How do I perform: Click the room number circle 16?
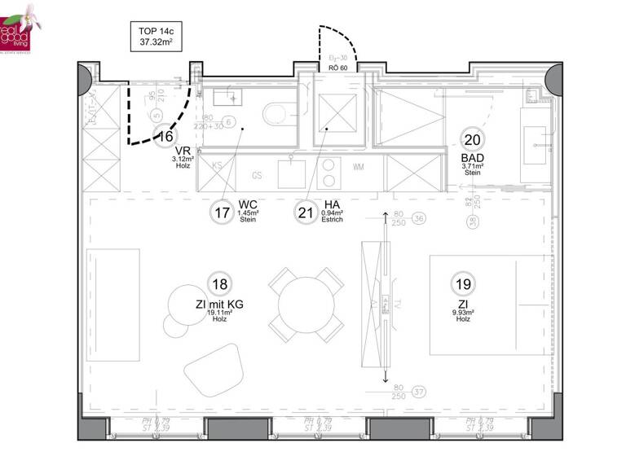tap(165, 136)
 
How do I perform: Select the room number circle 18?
tap(218, 284)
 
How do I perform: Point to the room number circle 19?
tap(463, 284)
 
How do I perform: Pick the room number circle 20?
tap(472, 138)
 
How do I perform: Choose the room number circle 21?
tap(306, 213)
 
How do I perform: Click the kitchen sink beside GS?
tap(292, 172)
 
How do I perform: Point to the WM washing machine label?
tap(359, 167)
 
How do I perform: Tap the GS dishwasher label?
tap(257, 175)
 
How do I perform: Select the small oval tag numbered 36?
tap(419, 218)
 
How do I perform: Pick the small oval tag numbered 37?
tap(419, 392)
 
